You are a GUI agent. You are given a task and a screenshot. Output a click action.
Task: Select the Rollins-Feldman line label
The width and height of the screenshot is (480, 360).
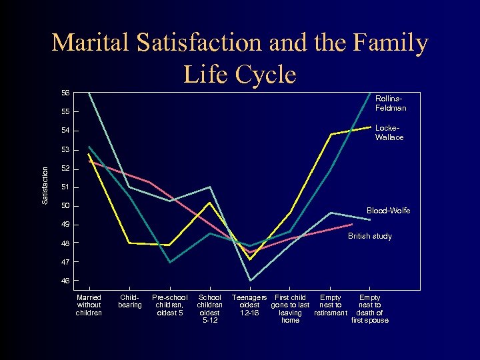391,103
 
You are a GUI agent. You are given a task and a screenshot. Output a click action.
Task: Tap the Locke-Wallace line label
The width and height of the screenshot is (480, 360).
389,133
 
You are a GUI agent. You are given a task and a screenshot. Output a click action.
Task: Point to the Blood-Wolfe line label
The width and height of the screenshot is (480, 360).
389,211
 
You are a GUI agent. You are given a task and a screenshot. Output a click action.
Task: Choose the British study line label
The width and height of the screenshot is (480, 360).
370,236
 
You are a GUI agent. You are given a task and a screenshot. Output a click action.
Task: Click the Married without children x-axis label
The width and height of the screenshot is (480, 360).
89,305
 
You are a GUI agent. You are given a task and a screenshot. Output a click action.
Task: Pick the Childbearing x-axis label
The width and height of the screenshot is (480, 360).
130,301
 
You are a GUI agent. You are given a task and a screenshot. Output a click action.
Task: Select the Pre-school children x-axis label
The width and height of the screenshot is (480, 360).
170,305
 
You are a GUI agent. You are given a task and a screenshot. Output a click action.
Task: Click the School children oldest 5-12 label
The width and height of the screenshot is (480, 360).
210,309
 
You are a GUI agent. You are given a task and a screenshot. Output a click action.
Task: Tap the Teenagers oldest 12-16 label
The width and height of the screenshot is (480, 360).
249,305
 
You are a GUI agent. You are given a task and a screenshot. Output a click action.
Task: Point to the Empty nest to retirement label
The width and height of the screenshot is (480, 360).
331,305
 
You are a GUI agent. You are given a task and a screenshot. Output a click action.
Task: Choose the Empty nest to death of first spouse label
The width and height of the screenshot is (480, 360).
370,309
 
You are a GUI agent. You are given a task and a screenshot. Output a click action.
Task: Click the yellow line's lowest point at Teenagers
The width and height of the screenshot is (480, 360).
250,259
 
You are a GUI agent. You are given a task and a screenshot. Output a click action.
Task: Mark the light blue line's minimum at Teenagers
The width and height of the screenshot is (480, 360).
250,281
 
